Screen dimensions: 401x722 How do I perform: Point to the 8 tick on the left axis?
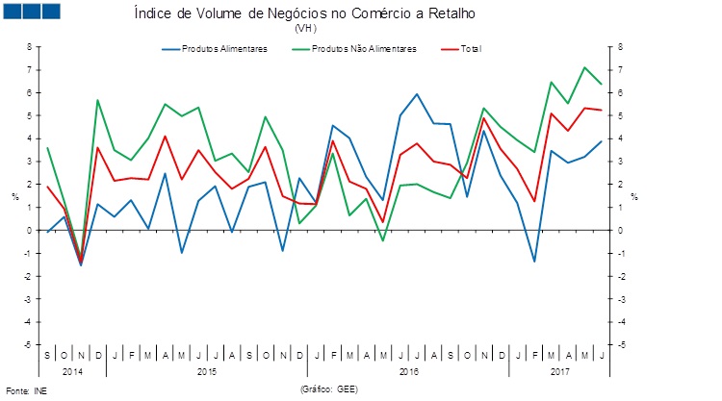(29, 47)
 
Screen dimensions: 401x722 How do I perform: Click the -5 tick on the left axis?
(28, 344)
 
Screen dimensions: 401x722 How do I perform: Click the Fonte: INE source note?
(26, 391)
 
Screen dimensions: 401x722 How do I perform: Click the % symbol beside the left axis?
(14, 198)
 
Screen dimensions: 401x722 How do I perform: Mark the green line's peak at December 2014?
(97, 100)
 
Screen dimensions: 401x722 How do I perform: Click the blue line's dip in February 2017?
(534, 262)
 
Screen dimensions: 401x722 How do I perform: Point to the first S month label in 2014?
(47, 355)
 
